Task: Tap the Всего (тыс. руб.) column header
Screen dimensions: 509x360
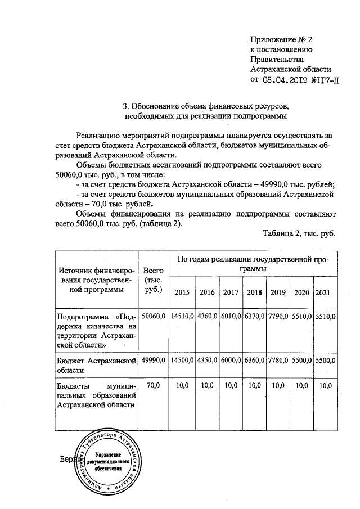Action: tap(153, 280)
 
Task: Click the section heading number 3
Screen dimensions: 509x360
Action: tap(125, 106)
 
